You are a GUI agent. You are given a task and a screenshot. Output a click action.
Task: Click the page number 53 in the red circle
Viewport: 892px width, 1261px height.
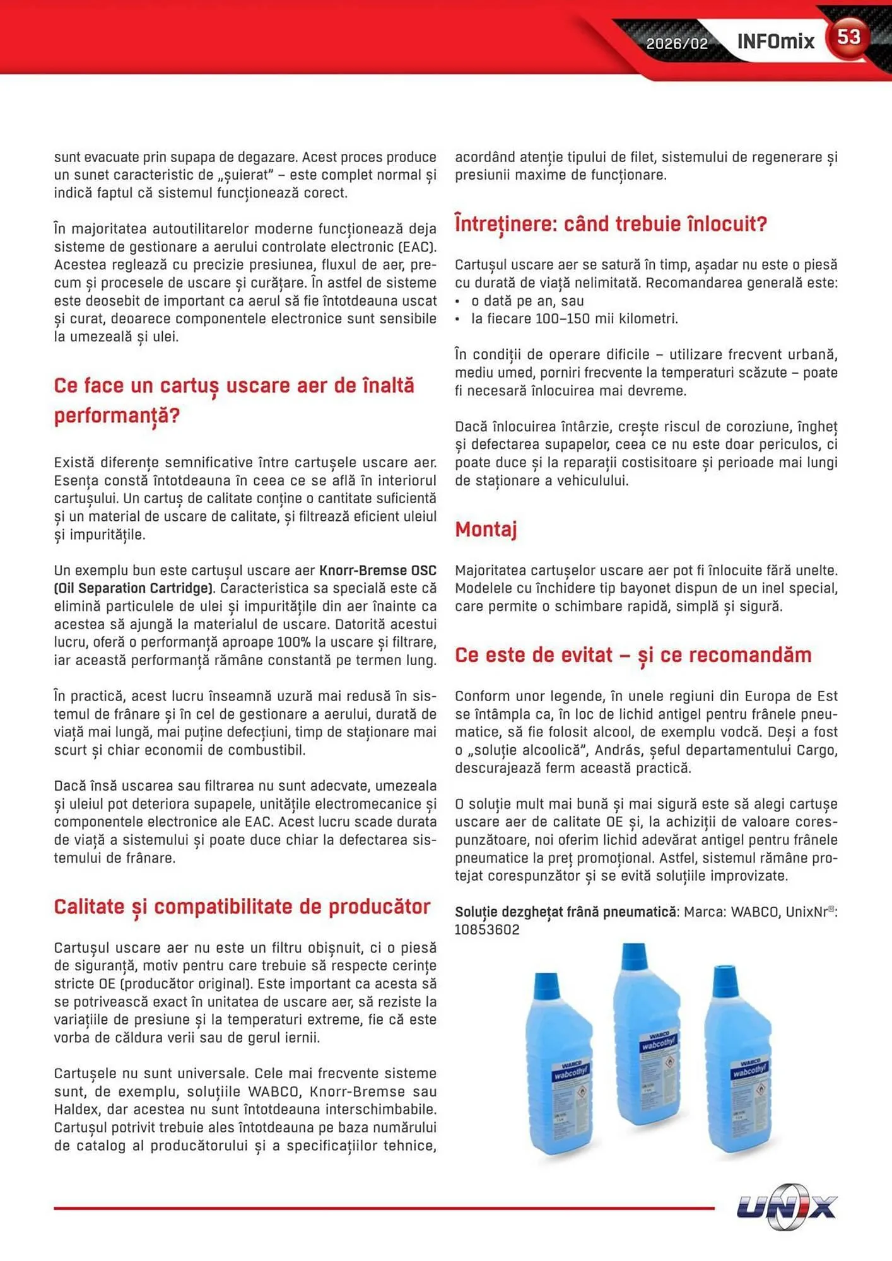848,37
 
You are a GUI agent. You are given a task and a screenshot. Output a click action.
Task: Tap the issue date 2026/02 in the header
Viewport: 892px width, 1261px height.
677,44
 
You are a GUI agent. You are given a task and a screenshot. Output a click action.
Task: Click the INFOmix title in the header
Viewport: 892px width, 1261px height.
775,42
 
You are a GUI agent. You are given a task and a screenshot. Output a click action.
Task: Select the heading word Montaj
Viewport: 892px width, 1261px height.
486,529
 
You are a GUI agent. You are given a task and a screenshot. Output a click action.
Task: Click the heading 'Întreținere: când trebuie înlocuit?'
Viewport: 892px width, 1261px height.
611,224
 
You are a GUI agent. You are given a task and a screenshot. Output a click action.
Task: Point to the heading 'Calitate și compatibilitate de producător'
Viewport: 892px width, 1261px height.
242,907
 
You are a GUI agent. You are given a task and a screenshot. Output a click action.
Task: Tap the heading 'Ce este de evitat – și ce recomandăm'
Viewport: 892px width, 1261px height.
633,655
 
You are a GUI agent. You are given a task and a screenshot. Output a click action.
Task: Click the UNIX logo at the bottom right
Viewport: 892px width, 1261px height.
787,1207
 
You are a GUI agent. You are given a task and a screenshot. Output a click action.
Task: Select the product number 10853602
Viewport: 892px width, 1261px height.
487,930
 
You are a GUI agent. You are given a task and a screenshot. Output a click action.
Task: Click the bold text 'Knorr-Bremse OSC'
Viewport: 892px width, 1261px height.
377,571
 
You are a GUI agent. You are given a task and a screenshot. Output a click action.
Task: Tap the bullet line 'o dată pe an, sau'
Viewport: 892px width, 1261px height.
527,301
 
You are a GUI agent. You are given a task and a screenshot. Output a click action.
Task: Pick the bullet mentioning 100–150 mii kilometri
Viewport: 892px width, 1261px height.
574,319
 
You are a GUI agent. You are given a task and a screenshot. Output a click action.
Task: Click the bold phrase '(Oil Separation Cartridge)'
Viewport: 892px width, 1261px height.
133,588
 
